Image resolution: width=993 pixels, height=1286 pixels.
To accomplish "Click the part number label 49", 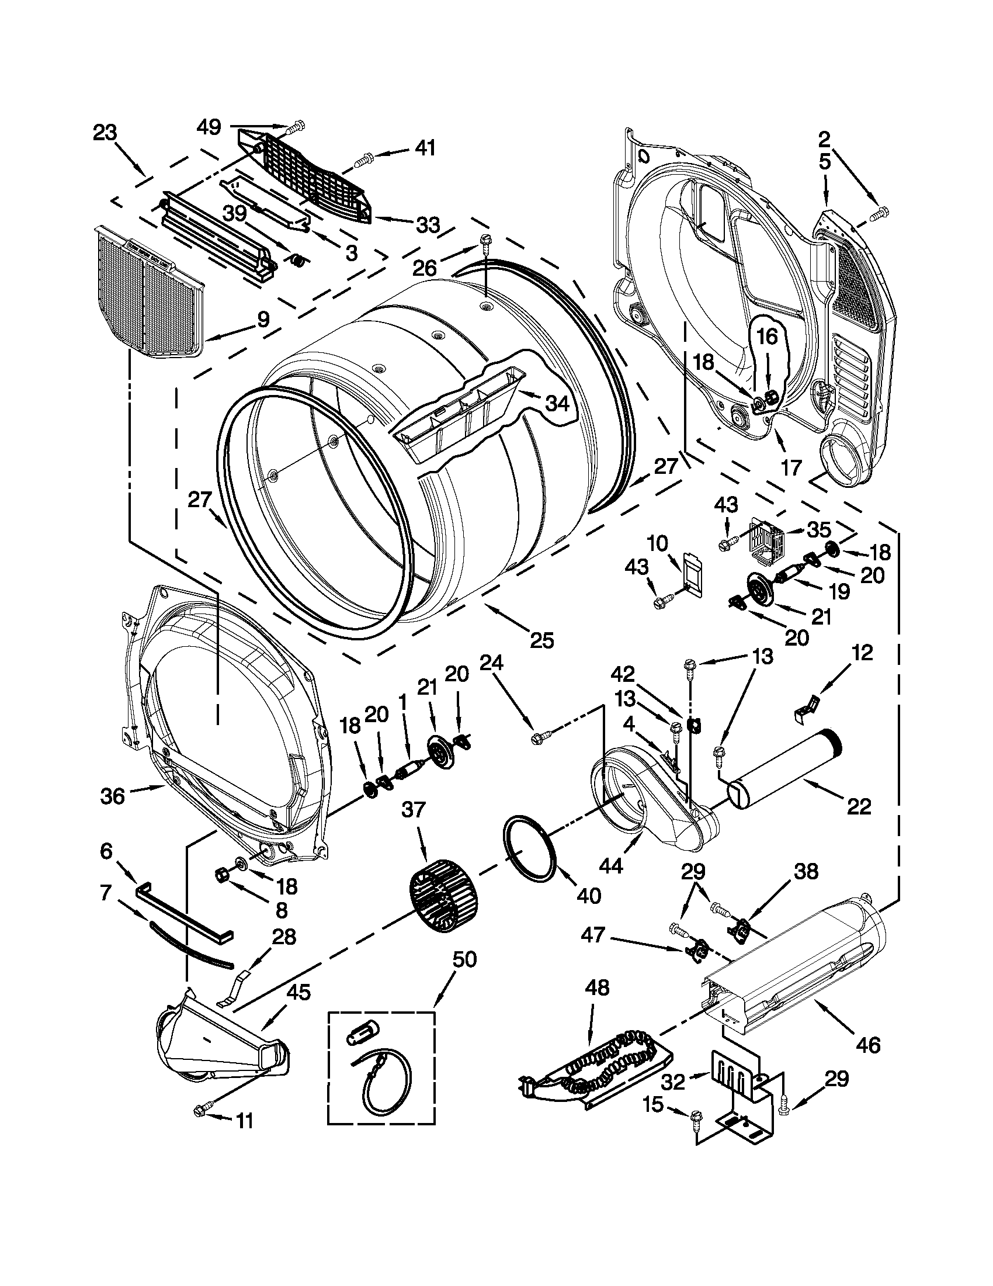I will click(x=209, y=126).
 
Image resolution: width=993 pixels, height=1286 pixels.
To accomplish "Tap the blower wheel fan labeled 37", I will click(x=443, y=896).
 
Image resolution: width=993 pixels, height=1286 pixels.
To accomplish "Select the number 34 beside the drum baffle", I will click(x=557, y=404).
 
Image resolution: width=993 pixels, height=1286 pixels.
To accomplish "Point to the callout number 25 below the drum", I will click(x=541, y=640).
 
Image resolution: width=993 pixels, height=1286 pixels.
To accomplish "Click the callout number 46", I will click(x=868, y=1044).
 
